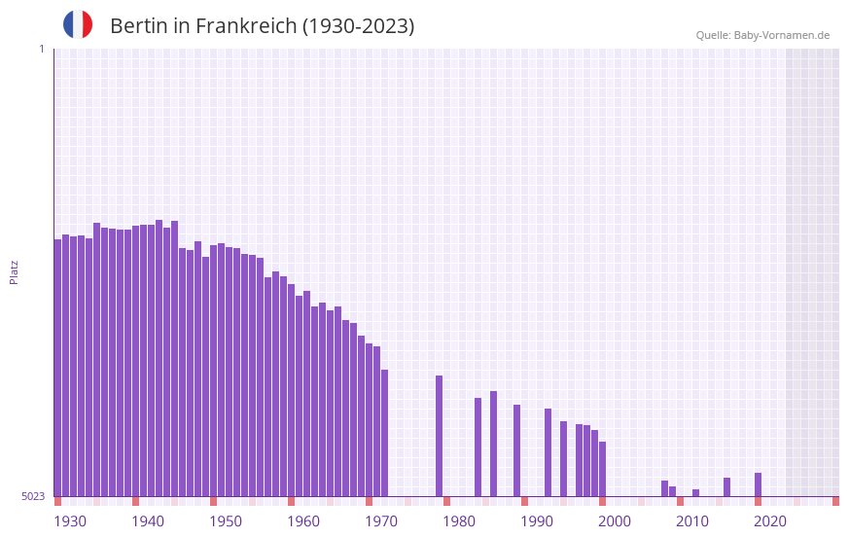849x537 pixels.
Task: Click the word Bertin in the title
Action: tap(139, 26)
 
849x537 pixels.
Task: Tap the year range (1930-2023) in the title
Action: tap(358, 26)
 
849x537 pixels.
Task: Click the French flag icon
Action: tap(78, 24)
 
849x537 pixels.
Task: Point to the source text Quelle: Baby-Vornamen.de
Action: tap(762, 35)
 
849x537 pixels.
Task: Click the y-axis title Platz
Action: tap(14, 271)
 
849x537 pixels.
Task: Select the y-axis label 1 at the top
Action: tap(41, 49)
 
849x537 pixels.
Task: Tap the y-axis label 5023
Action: tap(33, 496)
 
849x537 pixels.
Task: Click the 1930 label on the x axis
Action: tap(70, 521)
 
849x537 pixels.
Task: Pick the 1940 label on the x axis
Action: tap(148, 521)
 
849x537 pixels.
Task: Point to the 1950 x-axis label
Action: tap(226, 521)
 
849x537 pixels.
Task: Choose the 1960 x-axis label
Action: tap(303, 521)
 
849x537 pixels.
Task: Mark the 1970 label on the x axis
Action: tap(381, 521)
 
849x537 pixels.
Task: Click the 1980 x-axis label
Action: tap(459, 521)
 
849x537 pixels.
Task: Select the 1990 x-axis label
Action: tap(537, 521)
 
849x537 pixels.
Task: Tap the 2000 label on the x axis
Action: tap(615, 521)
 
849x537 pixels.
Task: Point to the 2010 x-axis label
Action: tap(692, 521)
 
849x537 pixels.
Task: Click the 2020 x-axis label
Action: tap(770, 521)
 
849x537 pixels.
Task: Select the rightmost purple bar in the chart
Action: tap(758, 484)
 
